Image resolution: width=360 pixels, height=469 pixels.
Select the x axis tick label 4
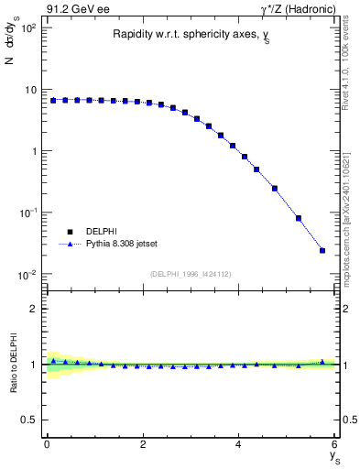tap(238, 444)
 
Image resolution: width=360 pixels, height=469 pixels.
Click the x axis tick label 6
tap(334, 444)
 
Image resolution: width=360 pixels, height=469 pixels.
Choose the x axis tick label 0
tap(47, 444)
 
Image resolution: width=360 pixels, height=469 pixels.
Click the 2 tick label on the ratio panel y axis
tap(32, 309)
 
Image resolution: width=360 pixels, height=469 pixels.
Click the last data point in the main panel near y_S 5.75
tap(322, 250)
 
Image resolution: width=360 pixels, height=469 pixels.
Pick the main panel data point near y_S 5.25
tap(299, 218)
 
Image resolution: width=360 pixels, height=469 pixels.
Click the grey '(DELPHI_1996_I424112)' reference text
tap(191, 273)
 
